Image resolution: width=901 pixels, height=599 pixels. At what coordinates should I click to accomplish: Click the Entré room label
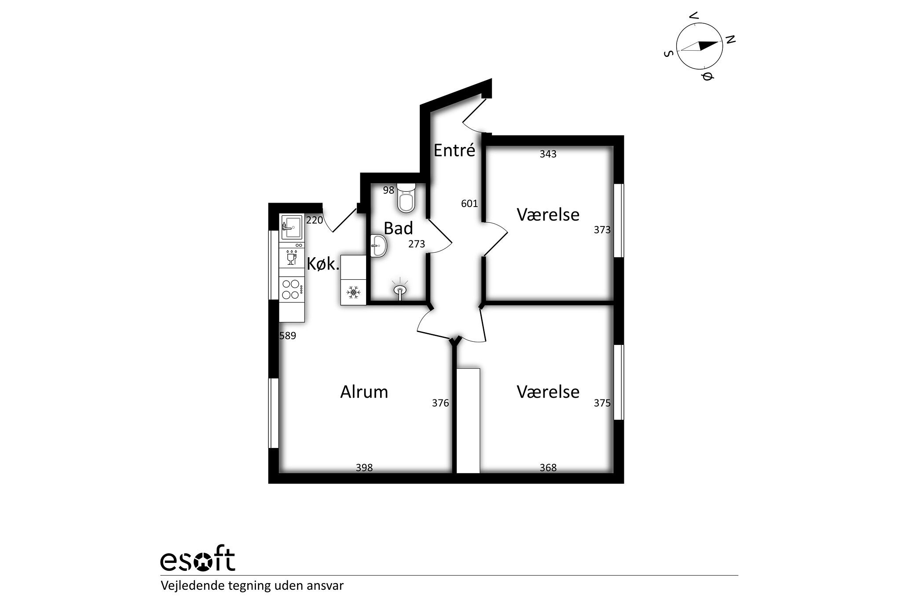coord(454,151)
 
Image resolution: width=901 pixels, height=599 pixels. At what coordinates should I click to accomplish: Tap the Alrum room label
coord(364,392)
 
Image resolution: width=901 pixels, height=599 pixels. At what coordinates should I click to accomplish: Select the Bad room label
coord(398,228)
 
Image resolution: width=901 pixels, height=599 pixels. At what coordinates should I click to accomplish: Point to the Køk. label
coord(323,264)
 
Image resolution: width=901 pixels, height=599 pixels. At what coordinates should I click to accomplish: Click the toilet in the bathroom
coord(406,198)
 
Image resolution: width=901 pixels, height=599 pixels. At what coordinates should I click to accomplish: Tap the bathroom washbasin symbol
coord(379,245)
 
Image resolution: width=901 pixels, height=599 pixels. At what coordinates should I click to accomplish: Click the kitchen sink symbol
coord(292,227)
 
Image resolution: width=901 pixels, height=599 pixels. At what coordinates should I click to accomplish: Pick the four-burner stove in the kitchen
coord(292,289)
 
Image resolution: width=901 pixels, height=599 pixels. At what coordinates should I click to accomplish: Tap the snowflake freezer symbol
coord(353,292)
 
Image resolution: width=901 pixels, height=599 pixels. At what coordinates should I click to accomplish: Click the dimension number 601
coord(469,203)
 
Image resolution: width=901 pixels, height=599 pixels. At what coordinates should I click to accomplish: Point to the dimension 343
coord(548,154)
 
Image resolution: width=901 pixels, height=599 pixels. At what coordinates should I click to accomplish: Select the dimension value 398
coord(364,467)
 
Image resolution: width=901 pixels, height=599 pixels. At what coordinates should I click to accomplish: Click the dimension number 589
coord(288,336)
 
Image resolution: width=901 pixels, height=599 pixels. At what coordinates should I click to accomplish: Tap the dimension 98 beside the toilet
coord(388,190)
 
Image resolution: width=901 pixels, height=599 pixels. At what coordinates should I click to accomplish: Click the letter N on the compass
coord(730,40)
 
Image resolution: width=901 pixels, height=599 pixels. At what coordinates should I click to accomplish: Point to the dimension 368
coord(548,467)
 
